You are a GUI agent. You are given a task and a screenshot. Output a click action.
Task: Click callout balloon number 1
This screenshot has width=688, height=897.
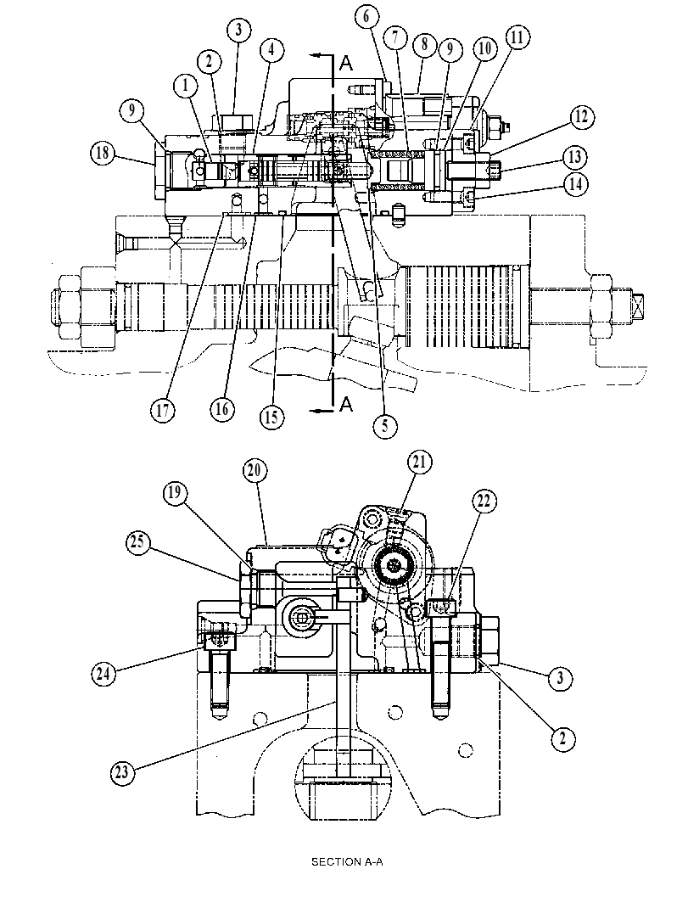(186, 86)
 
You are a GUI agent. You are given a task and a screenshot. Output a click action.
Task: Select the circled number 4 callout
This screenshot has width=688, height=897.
(271, 50)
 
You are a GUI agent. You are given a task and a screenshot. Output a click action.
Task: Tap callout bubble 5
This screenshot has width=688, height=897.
(385, 425)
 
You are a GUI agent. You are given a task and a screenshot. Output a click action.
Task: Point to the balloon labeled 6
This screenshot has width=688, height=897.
(366, 17)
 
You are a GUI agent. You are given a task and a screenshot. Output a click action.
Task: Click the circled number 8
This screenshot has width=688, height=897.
(424, 44)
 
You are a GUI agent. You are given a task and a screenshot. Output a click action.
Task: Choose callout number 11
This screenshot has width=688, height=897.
(517, 37)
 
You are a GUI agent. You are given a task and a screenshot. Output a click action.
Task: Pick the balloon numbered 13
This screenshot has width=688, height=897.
(575, 156)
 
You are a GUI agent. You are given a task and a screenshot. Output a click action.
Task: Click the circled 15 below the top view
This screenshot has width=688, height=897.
(271, 417)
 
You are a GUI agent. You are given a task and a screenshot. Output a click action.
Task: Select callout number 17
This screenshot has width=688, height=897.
(163, 410)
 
